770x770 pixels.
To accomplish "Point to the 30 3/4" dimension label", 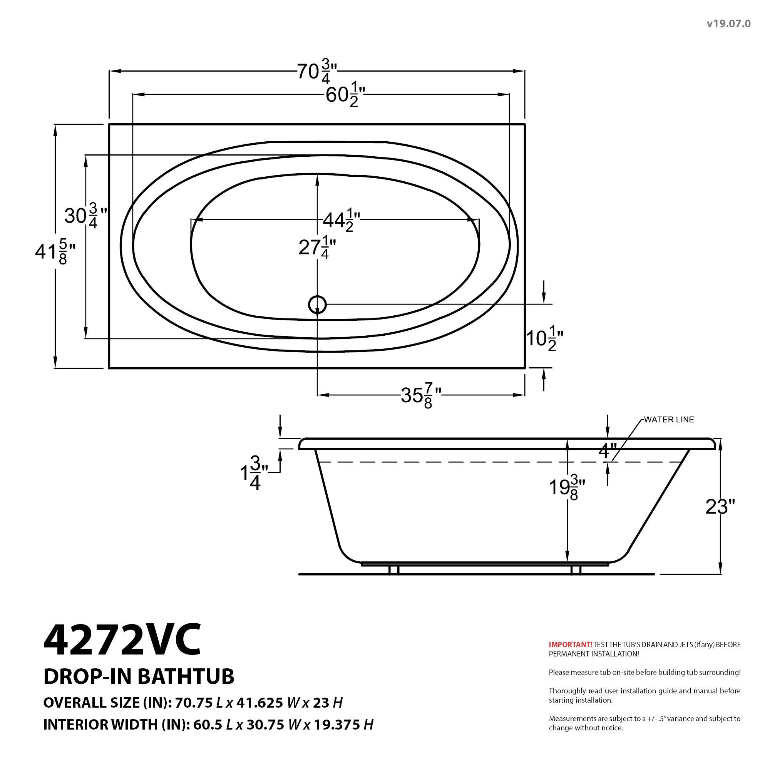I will tap(86, 216).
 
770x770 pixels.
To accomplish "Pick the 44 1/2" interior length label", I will tap(341, 219).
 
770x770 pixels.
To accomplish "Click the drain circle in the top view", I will tap(317, 305).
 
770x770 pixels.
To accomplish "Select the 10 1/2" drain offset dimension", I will tap(544, 339).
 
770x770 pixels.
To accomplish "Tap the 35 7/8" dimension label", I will tap(421, 395).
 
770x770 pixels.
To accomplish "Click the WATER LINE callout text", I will tap(669, 419).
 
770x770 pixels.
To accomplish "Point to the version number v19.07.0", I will tap(728, 24).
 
